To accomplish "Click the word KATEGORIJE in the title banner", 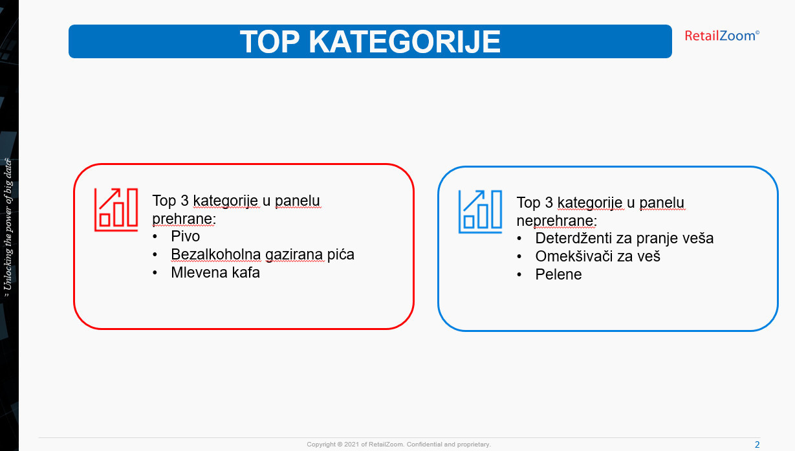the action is (x=404, y=41).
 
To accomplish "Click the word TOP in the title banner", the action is (x=270, y=41).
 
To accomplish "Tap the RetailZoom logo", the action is (x=722, y=36).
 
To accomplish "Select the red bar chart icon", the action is (x=116, y=210).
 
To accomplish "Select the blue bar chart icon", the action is (x=480, y=212).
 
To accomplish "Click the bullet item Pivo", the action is (x=185, y=236).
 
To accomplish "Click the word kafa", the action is (x=246, y=272).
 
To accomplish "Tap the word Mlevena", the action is (x=199, y=272).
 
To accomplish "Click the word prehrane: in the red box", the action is (x=184, y=219).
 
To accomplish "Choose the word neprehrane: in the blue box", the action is (x=556, y=221).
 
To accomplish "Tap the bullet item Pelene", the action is (x=558, y=274).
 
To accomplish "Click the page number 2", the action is (x=757, y=445).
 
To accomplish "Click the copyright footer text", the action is (x=399, y=445).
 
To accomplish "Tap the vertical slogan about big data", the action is (x=8, y=228).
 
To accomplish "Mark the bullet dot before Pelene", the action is (x=519, y=274).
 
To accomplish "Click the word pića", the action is (x=341, y=254).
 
